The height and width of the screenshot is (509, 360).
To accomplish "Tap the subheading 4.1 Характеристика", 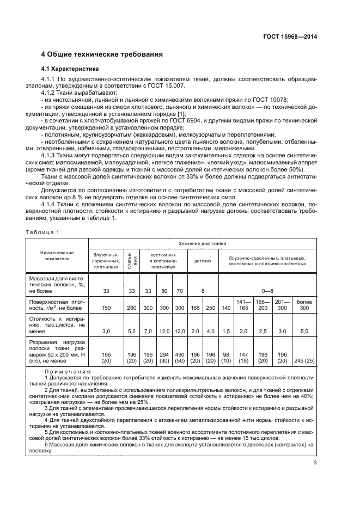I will click(70, 69).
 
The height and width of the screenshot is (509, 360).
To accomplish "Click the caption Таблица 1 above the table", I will click(42, 232).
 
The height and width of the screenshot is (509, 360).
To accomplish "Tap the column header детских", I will click(203, 260).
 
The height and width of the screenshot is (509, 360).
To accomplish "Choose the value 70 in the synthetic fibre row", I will click(180, 291).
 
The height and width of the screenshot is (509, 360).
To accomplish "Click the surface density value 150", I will click(106, 308).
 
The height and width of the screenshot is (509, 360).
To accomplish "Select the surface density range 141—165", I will click(242, 305).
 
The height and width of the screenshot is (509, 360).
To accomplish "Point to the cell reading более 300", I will click(304, 305).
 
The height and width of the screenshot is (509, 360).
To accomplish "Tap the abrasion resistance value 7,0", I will click(148, 331).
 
